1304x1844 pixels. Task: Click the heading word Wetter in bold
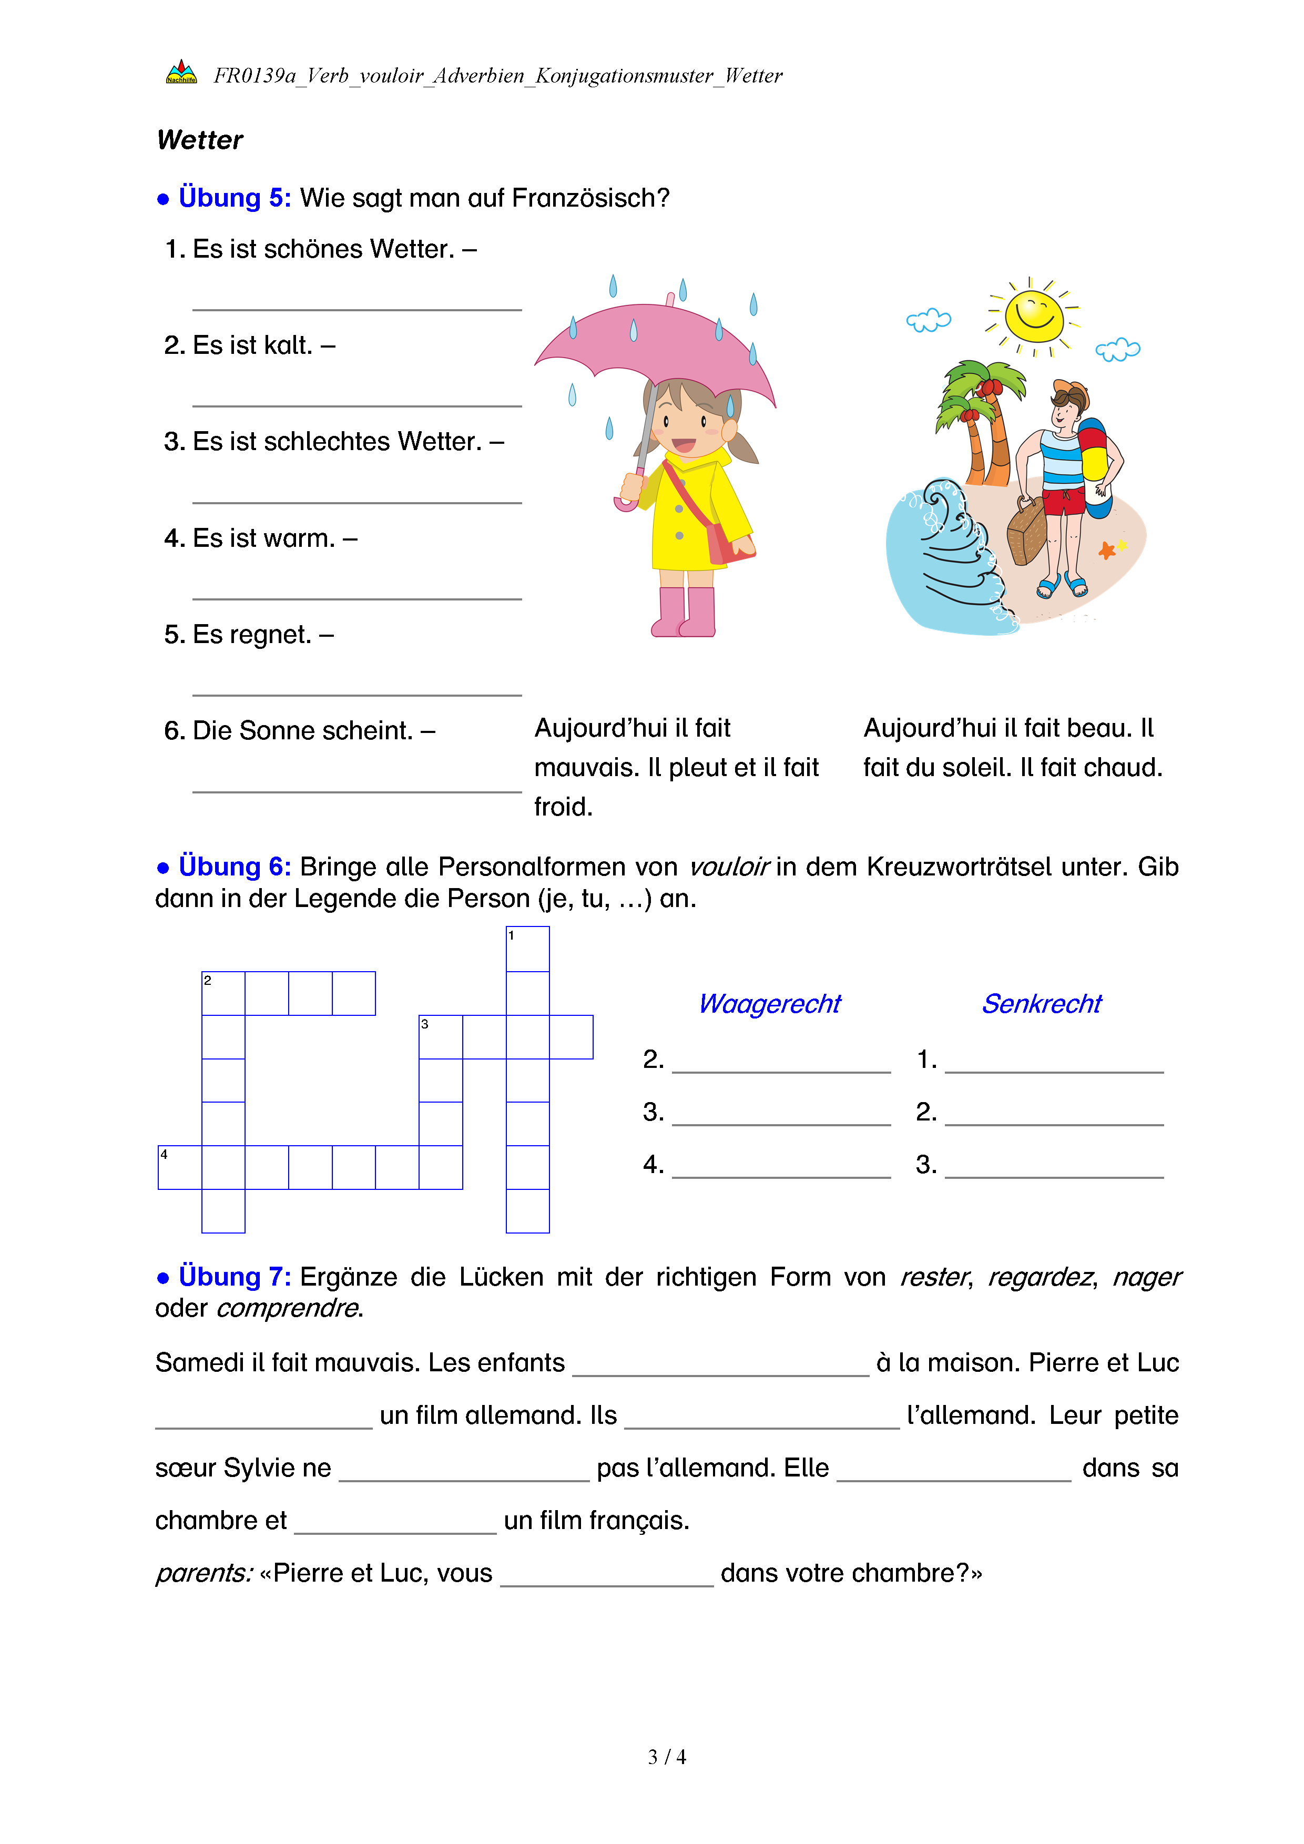pos(200,140)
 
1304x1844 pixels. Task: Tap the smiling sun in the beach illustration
pos(1034,315)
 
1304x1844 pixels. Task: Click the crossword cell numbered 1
pos(527,949)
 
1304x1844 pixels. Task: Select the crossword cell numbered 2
pos(223,993)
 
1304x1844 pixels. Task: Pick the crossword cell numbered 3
pos(441,1037)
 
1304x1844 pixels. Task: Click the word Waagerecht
pos(769,1004)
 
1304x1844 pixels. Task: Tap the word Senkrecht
pos(1042,1004)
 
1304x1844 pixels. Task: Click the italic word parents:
pos(204,1573)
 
